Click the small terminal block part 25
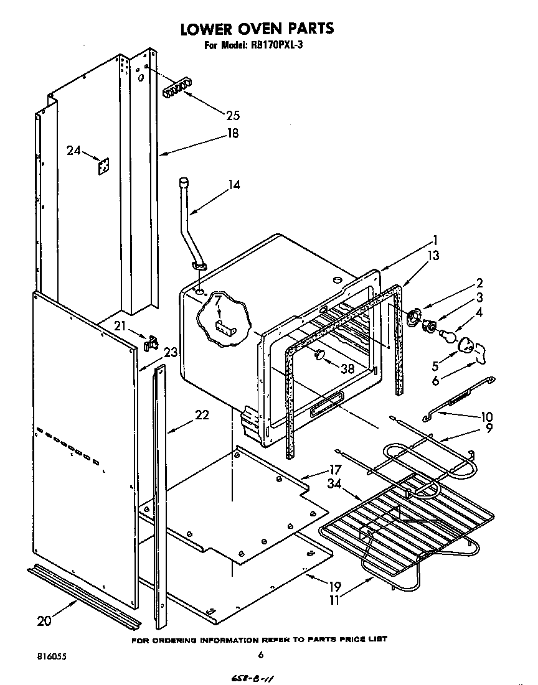[x=175, y=91]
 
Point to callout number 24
[x=74, y=150]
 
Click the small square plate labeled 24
[x=103, y=167]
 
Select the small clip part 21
[x=150, y=342]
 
